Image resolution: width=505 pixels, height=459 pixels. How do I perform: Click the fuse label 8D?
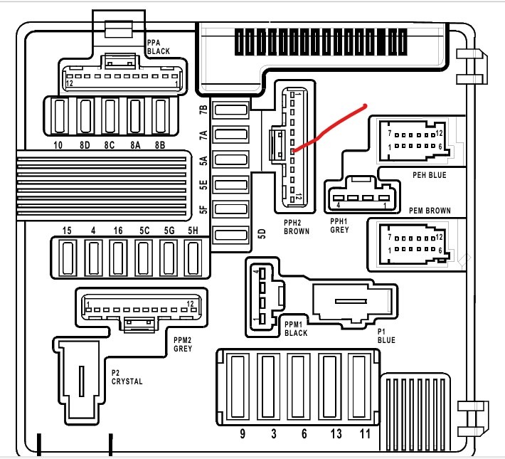click(85, 145)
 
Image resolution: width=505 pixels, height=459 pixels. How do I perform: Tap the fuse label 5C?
click(144, 231)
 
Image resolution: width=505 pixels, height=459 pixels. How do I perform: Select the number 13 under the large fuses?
click(329, 433)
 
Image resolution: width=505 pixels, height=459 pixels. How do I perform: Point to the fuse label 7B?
click(203, 110)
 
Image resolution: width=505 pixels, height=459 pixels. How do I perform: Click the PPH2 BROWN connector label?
click(296, 226)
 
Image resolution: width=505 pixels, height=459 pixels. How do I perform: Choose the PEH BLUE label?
click(430, 175)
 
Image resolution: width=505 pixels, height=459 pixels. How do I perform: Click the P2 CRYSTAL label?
click(127, 376)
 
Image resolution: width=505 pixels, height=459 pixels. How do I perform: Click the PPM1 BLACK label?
click(296, 328)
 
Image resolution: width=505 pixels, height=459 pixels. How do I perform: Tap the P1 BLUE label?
click(385, 336)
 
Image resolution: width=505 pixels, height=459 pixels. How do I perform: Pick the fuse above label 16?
click(117, 258)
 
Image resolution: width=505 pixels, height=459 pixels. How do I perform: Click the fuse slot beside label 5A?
click(230, 159)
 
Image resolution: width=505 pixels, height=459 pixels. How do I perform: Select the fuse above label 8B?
click(161, 115)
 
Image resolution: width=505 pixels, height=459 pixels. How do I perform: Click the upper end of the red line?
click(365, 107)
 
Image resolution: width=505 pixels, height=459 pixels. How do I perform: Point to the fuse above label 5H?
click(193, 258)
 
